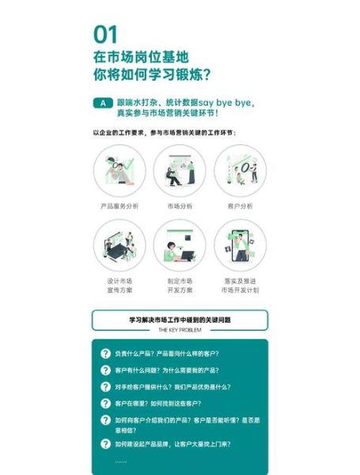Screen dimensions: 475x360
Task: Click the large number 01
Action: [105, 34]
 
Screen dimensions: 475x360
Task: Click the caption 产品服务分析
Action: [119, 206]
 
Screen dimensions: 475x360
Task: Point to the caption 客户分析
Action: [240, 206]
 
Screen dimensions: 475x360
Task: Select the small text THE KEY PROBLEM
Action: [180, 329]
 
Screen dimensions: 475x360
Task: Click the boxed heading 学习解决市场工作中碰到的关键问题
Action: [180, 320]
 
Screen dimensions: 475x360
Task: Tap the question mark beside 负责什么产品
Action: [105, 353]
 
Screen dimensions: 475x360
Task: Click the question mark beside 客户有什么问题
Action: [105, 370]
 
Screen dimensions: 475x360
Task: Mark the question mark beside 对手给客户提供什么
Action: [105, 386]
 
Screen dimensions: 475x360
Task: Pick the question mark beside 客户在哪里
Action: [105, 403]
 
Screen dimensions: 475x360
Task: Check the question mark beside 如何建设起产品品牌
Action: [105, 444]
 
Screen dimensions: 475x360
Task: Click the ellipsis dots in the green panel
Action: [120, 461]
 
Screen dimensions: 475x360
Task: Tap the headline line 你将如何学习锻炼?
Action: [151, 75]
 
